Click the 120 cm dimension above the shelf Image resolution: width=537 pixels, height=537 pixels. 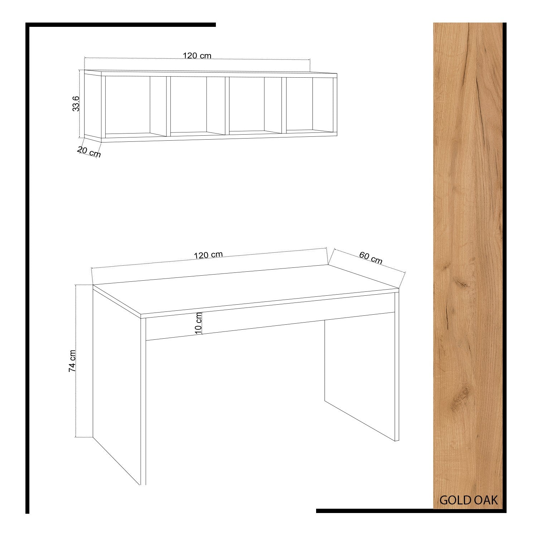coord(197,55)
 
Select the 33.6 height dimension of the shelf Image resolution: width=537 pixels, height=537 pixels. coord(76,104)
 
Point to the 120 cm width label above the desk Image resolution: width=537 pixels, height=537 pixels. coord(208,255)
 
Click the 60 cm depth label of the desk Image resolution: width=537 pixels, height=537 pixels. coord(371,258)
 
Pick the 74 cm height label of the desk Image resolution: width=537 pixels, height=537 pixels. coord(72,361)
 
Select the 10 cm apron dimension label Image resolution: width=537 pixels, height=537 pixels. coord(199,323)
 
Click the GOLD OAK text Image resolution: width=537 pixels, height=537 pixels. coord(469,500)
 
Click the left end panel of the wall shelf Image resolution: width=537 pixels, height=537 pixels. coord(93,106)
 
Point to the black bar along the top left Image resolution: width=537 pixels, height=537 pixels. coord(121,25)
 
